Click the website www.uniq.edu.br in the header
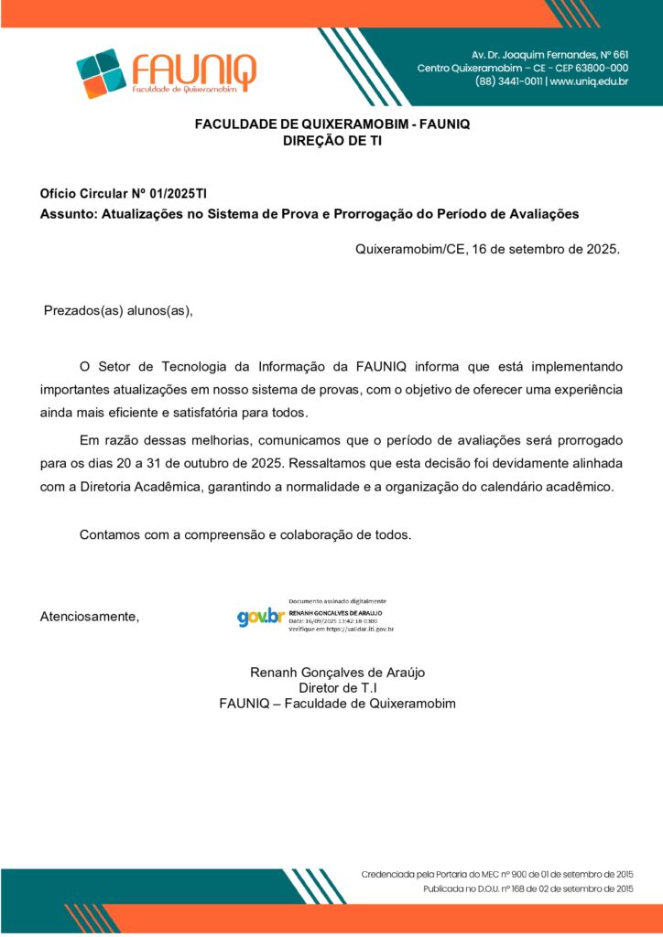coord(589,81)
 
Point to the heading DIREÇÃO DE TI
coord(331,141)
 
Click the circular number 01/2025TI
coord(175,194)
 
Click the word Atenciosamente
coord(90,616)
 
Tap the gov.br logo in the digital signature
coord(260,617)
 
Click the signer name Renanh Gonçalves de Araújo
coord(337,672)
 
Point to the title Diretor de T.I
coord(338,687)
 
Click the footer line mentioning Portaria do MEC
coord(496,874)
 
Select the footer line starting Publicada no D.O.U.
coord(527,889)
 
